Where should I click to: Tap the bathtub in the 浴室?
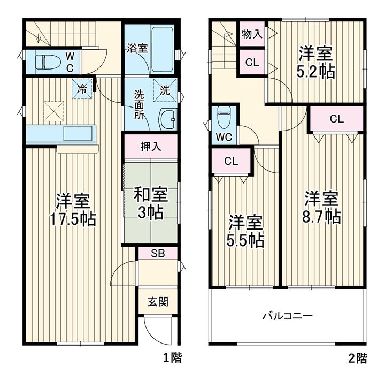click(163, 50)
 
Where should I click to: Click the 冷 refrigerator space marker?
click(82, 88)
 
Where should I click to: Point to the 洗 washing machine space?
click(165, 90)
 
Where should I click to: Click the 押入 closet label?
click(151, 147)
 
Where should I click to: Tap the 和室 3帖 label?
click(150, 203)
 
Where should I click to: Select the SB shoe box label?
click(158, 253)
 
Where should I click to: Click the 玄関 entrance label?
click(158, 301)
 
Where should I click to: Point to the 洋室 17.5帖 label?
click(73, 210)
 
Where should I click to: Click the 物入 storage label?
click(252, 34)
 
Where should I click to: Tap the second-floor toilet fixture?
click(224, 117)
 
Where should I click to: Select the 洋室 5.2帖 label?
click(315, 62)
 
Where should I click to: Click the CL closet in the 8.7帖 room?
click(337, 119)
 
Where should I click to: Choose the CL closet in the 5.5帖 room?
click(232, 162)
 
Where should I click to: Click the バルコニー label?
click(288, 315)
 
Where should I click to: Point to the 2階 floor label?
click(358, 358)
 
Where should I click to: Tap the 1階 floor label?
click(173, 357)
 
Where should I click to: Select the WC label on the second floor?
click(224, 137)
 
